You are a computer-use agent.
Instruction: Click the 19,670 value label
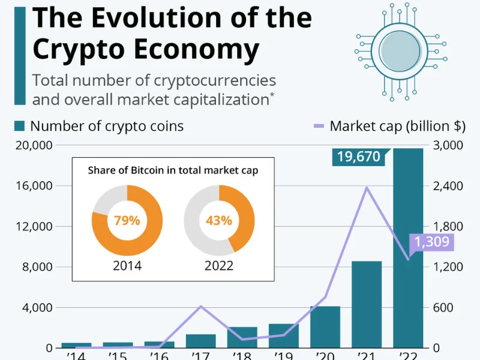359,157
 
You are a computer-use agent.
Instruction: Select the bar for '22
408,252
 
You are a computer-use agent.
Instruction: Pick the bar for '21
367,306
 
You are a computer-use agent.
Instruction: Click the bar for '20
325,328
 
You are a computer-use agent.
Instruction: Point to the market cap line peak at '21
367,188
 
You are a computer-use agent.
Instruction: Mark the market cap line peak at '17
201,306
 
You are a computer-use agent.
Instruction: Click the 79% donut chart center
127,220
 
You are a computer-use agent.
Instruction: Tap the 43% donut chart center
219,220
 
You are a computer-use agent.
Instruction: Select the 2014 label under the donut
127,265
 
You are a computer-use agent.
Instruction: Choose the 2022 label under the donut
219,265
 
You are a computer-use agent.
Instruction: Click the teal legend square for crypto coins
19,126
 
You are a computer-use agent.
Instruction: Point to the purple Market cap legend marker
319,126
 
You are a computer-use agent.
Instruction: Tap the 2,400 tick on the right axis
448,186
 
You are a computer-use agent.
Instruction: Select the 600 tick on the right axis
448,308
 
